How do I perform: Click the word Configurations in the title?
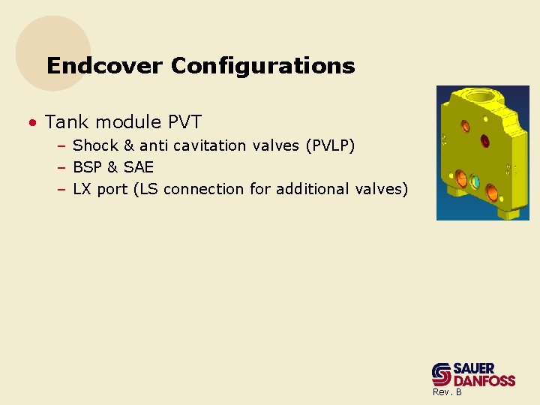[x=262, y=66]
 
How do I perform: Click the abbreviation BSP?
[x=88, y=167]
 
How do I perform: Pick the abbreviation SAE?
[x=139, y=167]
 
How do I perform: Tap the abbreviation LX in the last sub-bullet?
[x=82, y=189]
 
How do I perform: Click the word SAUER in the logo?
[x=474, y=368]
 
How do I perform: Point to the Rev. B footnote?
[x=447, y=392]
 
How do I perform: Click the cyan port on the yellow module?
[x=475, y=181]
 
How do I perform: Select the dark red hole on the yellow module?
[x=484, y=140]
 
